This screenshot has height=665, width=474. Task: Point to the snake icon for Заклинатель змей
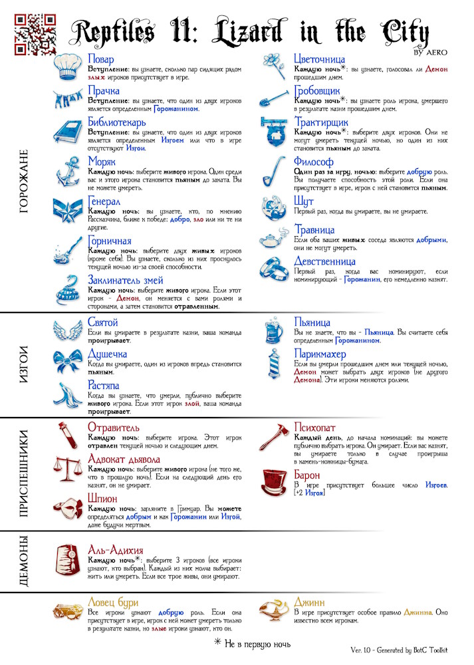coord(67,291)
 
